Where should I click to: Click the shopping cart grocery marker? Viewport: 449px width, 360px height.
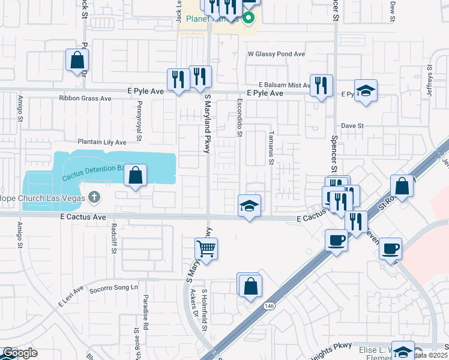[x=206, y=248]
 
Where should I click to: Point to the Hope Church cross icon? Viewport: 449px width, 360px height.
[x=94, y=197]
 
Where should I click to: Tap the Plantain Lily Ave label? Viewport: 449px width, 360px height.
[x=101, y=142]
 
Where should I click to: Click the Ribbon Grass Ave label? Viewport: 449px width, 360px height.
[x=85, y=98]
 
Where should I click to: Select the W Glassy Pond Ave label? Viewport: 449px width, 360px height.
[x=277, y=54]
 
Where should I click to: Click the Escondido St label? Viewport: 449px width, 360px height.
[x=239, y=117]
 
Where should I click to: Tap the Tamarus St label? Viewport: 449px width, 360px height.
[x=271, y=148]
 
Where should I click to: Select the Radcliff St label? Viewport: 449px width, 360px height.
[x=113, y=238]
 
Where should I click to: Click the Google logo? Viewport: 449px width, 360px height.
[x=19, y=353]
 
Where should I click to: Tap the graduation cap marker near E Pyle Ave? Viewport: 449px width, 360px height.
[x=366, y=91]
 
